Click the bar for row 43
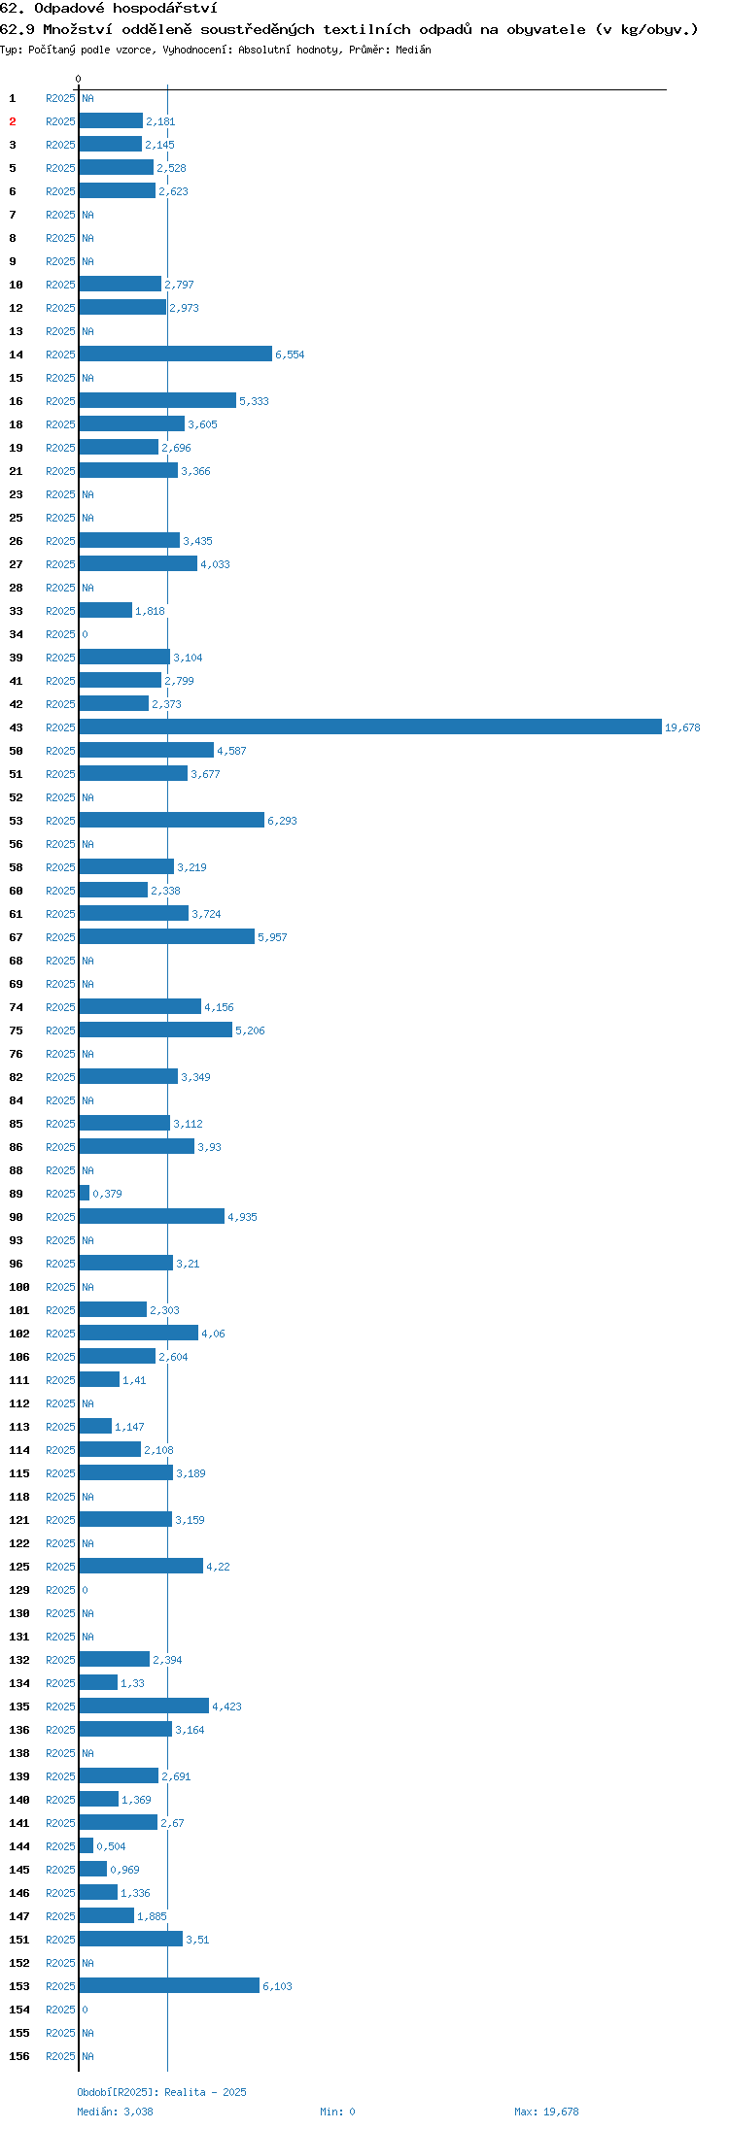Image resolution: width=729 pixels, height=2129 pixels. pos(370,727)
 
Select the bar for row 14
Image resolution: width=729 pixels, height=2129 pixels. pos(176,354)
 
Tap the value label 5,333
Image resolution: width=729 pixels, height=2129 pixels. pos(254,401)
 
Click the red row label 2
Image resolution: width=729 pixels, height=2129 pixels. pos(13,121)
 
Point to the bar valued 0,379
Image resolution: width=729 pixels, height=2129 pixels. pos(85,1193)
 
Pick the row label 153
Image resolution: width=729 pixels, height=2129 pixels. pos(19,1986)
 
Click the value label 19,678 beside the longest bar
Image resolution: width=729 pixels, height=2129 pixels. pos(682,727)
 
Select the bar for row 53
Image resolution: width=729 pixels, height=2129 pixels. pos(172,820)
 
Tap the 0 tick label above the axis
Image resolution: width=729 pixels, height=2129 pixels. pos(79,79)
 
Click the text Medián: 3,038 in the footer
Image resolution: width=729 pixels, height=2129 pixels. pos(115,2112)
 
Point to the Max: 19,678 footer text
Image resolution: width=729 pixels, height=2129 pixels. pos(546,2112)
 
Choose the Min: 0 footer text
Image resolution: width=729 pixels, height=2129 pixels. pos(337,2112)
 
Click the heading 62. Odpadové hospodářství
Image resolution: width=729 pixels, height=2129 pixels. pos(109,9)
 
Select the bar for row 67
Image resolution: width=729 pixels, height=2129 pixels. pos(167,936)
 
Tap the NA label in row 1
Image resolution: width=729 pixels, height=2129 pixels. pos(87,98)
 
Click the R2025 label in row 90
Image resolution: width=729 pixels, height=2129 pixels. pos(60,1217)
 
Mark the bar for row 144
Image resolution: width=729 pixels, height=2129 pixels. pos(87,1845)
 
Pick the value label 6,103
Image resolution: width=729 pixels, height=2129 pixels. pos(277,1986)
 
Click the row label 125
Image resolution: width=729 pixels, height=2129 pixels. pos(19,1567)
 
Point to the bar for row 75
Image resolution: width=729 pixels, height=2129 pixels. pos(156,1030)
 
